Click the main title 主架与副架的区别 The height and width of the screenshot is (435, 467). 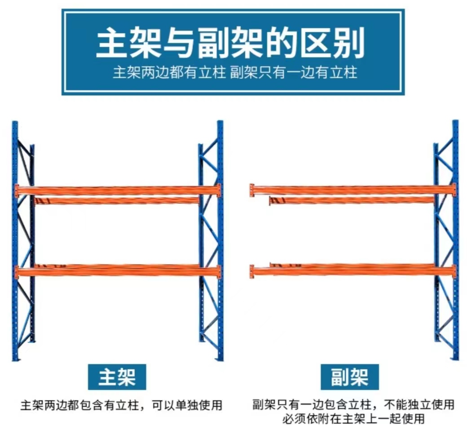(x=230, y=42)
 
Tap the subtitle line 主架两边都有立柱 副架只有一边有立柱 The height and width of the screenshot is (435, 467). (x=235, y=72)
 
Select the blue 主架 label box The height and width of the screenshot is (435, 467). (x=117, y=377)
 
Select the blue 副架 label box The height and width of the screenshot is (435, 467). (x=350, y=377)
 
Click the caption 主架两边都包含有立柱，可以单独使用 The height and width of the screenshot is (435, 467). (x=121, y=405)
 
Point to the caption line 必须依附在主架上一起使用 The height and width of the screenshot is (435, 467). (x=353, y=419)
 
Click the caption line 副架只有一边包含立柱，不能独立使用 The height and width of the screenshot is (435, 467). (x=353, y=404)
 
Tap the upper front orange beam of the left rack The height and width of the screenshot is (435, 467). (x=118, y=190)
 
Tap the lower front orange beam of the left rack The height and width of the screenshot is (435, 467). (x=118, y=272)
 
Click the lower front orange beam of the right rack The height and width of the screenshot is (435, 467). (x=353, y=271)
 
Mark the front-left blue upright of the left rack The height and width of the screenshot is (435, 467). (x=15, y=240)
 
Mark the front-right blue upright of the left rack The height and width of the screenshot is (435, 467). (x=220, y=240)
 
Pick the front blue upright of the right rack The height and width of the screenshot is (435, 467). (x=455, y=240)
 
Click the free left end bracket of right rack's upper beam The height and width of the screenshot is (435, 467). (x=252, y=190)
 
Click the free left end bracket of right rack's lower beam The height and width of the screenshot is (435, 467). (x=252, y=271)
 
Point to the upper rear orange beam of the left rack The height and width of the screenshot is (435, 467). (x=117, y=201)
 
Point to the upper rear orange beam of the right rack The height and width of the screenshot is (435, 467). (x=352, y=200)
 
